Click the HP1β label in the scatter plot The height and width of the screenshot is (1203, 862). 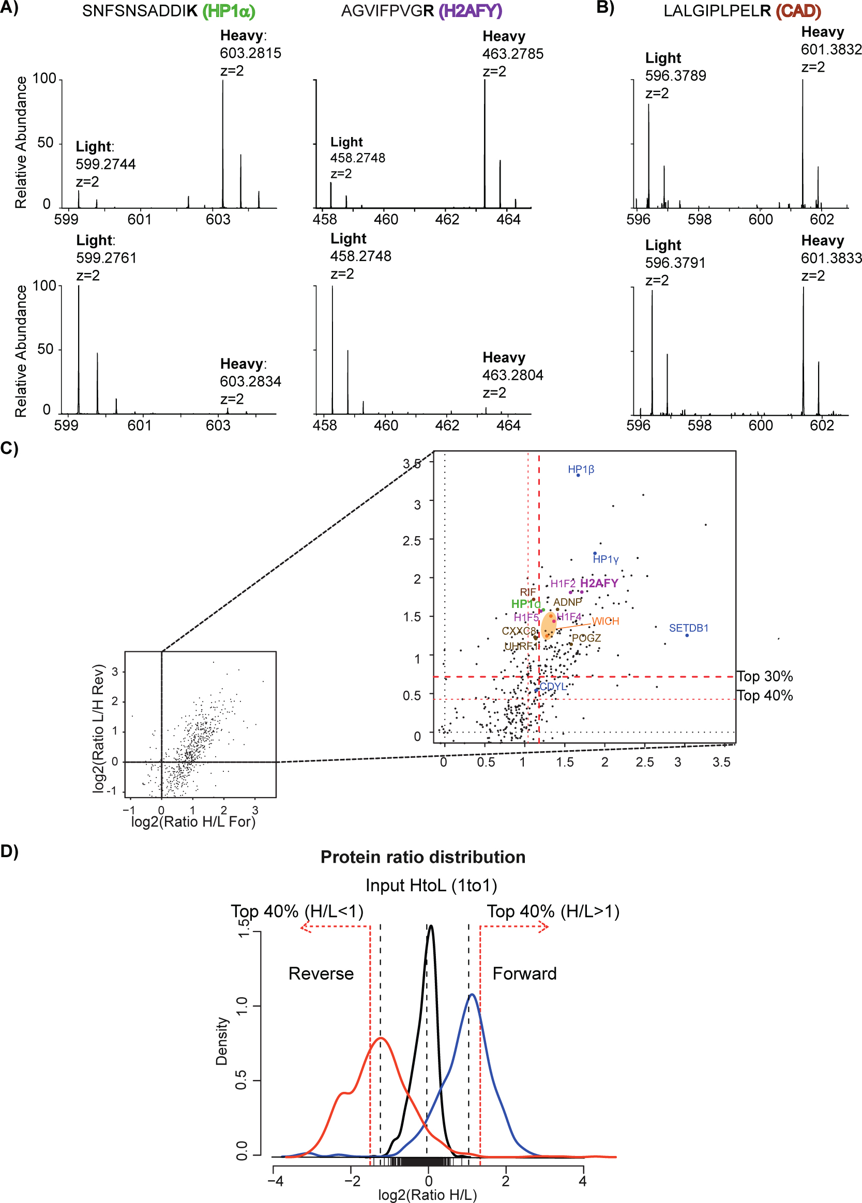[581, 469]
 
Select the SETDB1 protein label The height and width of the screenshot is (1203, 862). [689, 628]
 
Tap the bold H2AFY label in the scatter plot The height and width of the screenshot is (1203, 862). [599, 584]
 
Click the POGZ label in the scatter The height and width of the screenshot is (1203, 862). [586, 638]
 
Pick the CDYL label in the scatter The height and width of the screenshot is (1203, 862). [553, 687]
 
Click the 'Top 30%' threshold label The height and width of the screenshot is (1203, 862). [764, 677]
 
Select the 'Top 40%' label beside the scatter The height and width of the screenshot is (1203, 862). [764, 696]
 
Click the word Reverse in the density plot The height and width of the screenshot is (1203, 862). [321, 974]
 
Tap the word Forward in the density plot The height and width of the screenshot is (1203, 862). [524, 974]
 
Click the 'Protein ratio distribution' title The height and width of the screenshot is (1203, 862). [423, 858]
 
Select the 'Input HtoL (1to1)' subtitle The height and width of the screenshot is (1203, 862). [431, 886]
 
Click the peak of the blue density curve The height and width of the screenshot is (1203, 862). [472, 995]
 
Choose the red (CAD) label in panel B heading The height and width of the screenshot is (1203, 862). [798, 11]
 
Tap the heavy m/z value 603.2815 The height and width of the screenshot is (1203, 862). [250, 53]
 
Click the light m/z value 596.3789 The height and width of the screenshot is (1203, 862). [675, 76]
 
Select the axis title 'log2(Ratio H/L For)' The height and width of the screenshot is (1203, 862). [193, 821]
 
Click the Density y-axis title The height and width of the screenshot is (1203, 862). [221, 1041]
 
